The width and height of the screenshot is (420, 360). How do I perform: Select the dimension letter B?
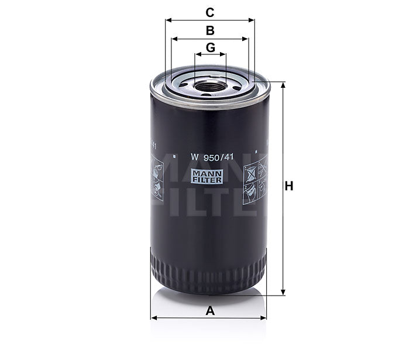click(x=210, y=30)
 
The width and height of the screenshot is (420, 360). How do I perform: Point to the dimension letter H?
click(x=288, y=187)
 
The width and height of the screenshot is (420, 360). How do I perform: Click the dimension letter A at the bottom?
click(x=210, y=311)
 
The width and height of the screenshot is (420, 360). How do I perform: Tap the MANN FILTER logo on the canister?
click(x=209, y=177)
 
